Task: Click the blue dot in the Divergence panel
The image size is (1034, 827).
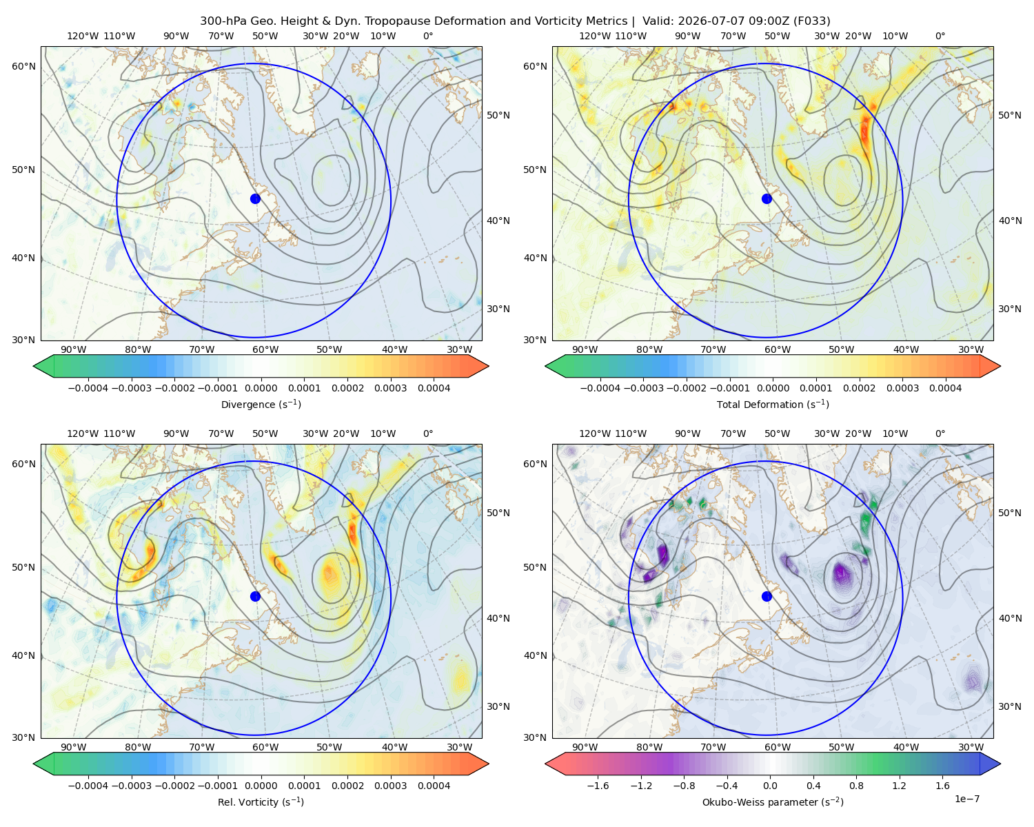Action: [x=255, y=198]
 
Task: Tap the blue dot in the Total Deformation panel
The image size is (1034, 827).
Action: [x=767, y=198]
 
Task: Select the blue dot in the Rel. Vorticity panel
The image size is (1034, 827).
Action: [x=255, y=596]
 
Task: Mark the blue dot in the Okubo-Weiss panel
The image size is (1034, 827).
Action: [x=767, y=596]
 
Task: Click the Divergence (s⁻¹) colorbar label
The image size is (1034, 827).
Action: [x=261, y=404]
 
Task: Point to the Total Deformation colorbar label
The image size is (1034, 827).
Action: [x=773, y=404]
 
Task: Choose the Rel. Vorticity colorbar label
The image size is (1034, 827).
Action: [x=261, y=802]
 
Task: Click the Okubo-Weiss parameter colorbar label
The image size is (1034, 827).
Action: [x=773, y=802]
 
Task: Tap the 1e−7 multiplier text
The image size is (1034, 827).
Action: [x=966, y=799]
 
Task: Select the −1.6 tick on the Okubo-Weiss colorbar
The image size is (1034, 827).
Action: [x=598, y=786]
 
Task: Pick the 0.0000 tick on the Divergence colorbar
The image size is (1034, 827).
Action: [x=261, y=388]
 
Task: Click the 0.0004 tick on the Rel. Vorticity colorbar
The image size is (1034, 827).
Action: [x=434, y=786]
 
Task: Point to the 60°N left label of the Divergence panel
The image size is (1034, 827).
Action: [x=23, y=66]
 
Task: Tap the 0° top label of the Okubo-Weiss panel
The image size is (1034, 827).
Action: [x=940, y=433]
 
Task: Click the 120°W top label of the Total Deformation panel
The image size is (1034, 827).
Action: [x=595, y=36]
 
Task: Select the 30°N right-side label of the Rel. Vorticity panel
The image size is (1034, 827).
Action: [x=498, y=706]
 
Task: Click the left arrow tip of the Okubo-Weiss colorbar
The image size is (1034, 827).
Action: [x=545, y=764]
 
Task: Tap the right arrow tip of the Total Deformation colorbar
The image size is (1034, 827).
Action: [x=1000, y=366]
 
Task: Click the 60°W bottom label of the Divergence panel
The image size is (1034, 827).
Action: [x=265, y=349]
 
